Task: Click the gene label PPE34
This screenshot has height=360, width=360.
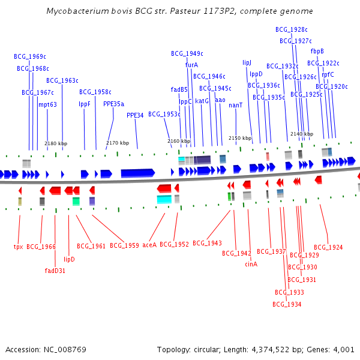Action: coord(135,115)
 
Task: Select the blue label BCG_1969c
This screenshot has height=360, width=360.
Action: coord(30,56)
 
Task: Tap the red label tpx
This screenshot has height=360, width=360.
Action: coord(18,247)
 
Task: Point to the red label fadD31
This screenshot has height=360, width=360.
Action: coord(55,270)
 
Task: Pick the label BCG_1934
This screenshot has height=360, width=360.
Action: coord(287,304)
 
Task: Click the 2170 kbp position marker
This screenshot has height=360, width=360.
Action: coord(117,143)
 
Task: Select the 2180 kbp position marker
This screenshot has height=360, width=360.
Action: coord(56,143)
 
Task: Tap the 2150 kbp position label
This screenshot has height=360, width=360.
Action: coord(240,138)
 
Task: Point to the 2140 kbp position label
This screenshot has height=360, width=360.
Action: coord(301,134)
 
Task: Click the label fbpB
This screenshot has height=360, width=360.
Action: coord(317,51)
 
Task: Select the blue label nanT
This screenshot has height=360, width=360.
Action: coord(236,105)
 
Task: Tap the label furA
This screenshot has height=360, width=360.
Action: coord(191,65)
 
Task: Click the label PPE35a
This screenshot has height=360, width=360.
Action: coord(114,104)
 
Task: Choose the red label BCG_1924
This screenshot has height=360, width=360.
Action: coord(328,247)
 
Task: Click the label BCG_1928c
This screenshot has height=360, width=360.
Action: coord(291,29)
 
